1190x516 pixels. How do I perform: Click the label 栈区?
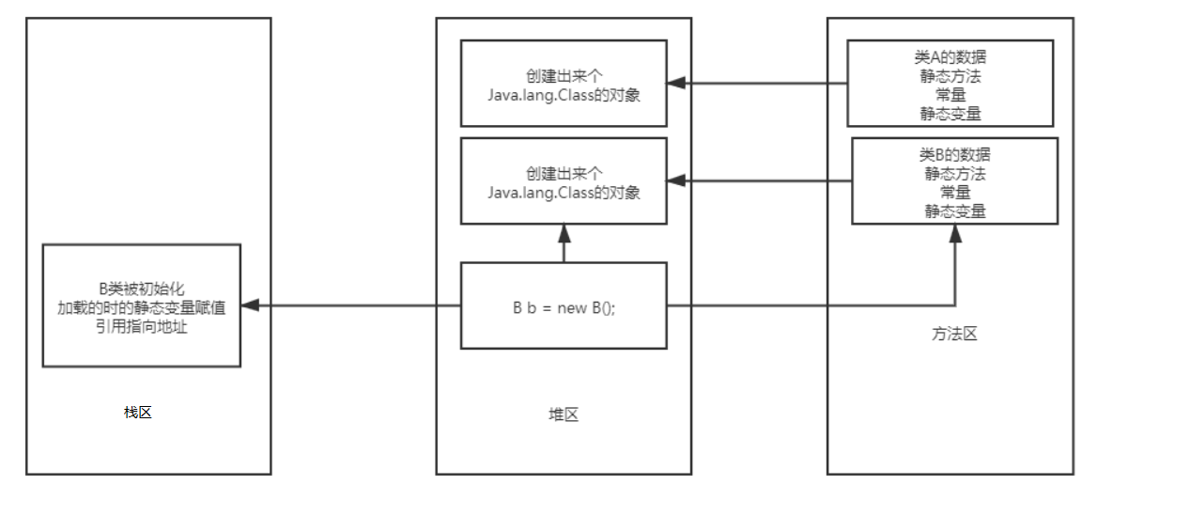tap(137, 412)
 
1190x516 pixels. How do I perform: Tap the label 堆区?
tap(564, 414)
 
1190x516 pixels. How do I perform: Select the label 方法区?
tap(955, 334)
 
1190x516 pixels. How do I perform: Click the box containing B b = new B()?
tap(564, 305)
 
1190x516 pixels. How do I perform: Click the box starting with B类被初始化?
tap(141, 305)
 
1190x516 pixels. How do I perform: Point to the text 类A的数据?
tap(950, 57)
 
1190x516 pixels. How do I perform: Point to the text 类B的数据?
tap(954, 155)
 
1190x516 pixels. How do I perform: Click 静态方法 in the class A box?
tap(950, 76)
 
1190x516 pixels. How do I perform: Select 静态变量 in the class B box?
tap(954, 211)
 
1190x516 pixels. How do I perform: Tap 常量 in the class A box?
tap(950, 95)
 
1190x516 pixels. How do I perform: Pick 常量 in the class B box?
tap(954, 192)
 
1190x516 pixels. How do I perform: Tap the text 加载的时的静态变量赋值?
tap(141, 306)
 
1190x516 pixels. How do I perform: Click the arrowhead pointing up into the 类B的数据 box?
tap(955, 233)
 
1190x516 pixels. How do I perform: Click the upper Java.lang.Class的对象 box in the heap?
tap(564, 84)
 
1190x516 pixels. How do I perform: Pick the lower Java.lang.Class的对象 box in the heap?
tap(564, 181)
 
